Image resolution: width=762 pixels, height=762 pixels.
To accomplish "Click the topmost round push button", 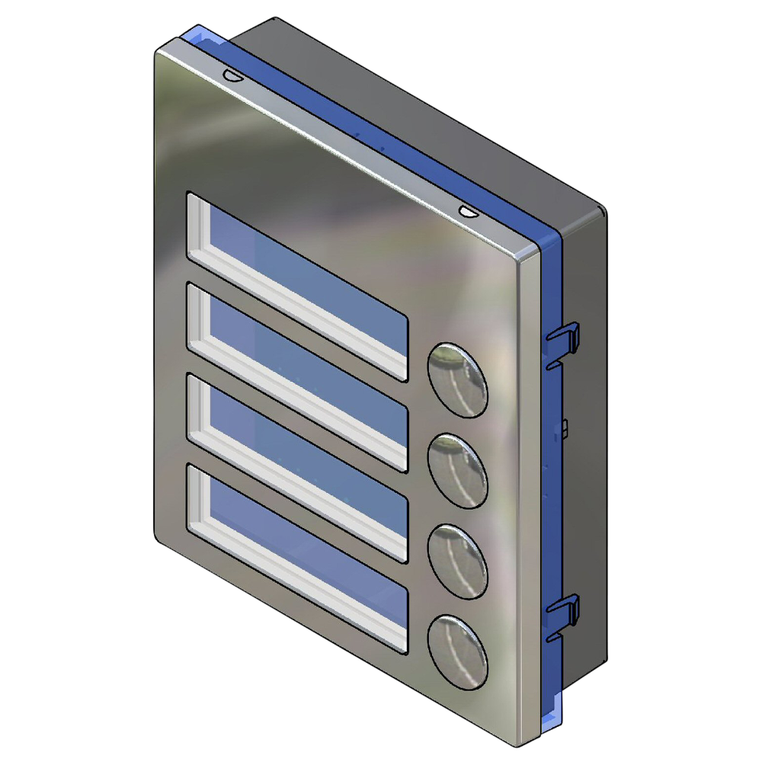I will [x=457, y=379].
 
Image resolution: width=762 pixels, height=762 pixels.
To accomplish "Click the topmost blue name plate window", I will [x=297, y=286].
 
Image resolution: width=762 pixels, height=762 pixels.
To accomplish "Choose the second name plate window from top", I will [x=297, y=377].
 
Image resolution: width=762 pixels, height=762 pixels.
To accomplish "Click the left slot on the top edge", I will [x=230, y=75].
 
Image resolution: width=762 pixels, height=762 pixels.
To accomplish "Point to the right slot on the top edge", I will [x=467, y=210].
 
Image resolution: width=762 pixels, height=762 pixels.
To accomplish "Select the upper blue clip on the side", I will [x=564, y=339].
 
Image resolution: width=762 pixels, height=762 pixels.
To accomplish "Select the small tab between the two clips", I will [x=565, y=427].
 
